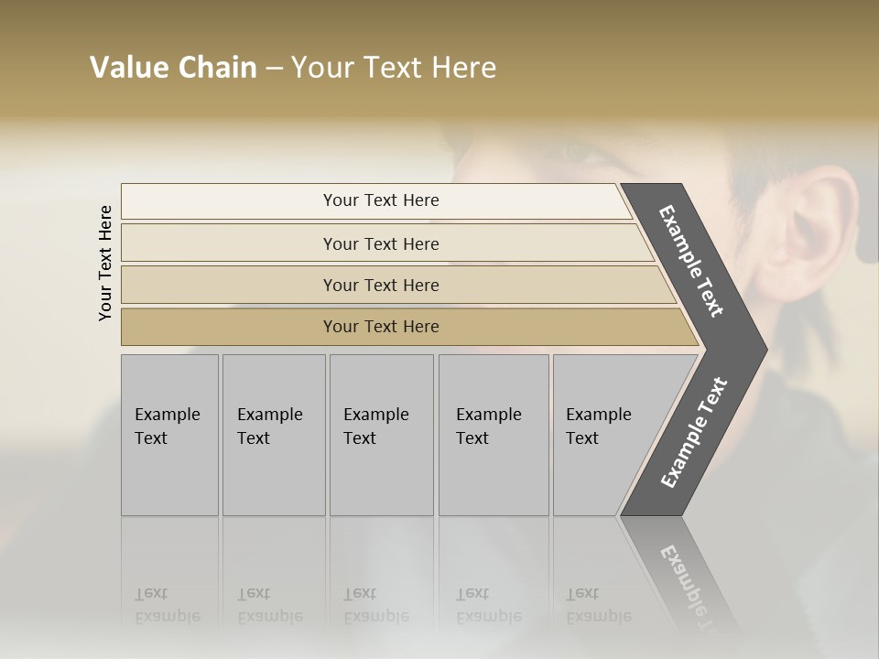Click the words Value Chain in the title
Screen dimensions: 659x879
(173, 68)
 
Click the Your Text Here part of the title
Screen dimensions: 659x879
(394, 68)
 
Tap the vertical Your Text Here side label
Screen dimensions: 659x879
(105, 264)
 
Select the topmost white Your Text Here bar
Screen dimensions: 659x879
(380, 200)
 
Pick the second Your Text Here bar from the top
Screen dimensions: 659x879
(380, 243)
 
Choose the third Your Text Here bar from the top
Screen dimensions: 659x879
(380, 285)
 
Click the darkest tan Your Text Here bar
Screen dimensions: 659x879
(380, 327)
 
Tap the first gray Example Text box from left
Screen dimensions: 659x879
(169, 435)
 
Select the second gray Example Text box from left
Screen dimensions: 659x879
(274, 435)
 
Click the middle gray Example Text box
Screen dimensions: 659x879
(381, 435)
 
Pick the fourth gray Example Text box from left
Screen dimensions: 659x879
(494, 435)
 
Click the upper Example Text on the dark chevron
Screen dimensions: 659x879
(691, 261)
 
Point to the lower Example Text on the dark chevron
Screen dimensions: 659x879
(694, 433)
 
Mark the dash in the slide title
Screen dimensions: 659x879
(273, 69)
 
